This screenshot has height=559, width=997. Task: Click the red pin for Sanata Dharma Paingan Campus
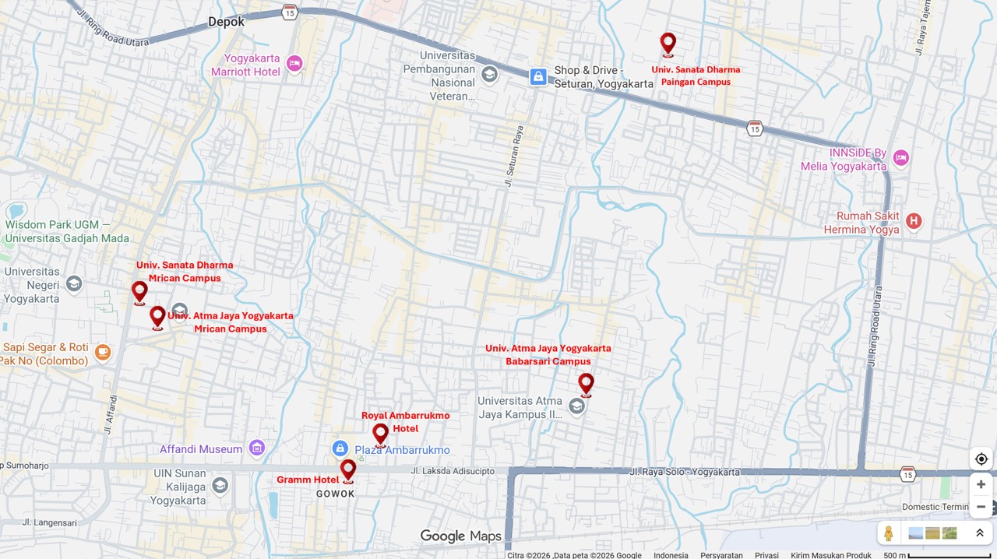(668, 43)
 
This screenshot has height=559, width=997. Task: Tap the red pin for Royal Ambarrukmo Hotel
(380, 433)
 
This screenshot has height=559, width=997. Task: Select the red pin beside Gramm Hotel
(348, 469)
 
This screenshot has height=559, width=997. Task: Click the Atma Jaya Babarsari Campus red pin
(586, 383)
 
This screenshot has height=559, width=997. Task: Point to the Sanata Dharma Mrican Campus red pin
(139, 291)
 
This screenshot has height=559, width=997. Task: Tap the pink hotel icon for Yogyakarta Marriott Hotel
(294, 63)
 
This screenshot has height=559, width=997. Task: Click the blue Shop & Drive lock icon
(538, 76)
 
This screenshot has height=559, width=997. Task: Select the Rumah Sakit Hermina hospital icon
(914, 222)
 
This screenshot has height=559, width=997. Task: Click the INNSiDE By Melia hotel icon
(900, 158)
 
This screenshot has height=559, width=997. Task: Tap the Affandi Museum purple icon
(257, 448)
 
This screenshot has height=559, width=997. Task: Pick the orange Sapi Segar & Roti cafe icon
(102, 353)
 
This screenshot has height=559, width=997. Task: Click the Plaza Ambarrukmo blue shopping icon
(340, 448)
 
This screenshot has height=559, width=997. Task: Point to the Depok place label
(226, 22)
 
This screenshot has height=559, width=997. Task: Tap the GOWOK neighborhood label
(336, 494)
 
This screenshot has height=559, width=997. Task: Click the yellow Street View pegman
(888, 533)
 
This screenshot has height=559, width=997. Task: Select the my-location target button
(981, 459)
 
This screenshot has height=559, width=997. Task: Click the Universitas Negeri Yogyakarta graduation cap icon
(74, 283)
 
